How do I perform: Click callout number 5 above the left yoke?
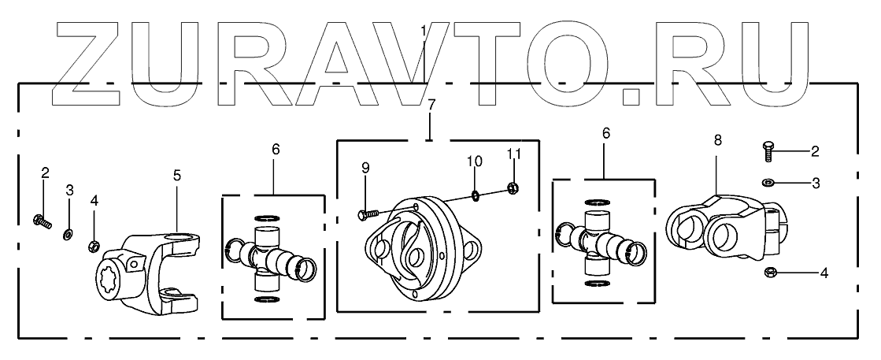click(x=177, y=175)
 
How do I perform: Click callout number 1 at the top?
click(x=424, y=32)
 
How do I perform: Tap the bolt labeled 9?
click(x=368, y=213)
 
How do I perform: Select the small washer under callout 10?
click(x=476, y=194)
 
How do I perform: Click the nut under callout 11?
click(x=513, y=187)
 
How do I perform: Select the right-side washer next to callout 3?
click(x=769, y=183)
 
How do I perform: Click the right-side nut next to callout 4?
click(x=772, y=273)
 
